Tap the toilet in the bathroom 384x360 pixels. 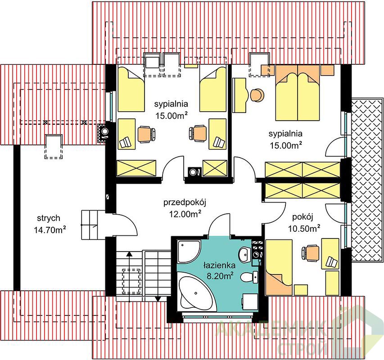(x=249, y=277)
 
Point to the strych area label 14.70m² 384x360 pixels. (x=50, y=230)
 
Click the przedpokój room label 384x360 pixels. (x=185, y=202)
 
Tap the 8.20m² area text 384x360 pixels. (x=220, y=276)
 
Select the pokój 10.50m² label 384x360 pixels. (x=304, y=223)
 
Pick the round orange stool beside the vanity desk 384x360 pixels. (x=257, y=95)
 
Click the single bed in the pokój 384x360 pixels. (x=279, y=267)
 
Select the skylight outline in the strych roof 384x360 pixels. (x=53, y=147)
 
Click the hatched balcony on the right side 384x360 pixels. (x=367, y=180)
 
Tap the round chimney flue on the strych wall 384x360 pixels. (x=105, y=132)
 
